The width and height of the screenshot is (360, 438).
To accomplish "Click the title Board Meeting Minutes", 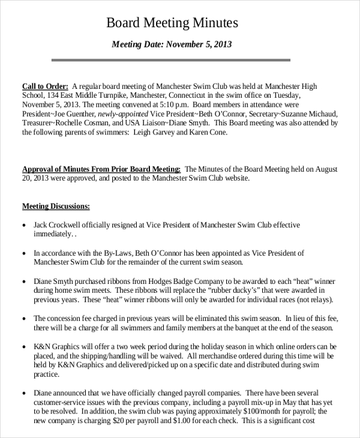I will [172, 23].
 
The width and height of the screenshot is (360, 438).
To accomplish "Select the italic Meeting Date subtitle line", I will [172, 44].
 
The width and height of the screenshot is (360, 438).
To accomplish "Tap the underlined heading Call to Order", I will [45, 86].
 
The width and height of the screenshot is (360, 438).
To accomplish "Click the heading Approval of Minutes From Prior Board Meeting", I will [101, 169].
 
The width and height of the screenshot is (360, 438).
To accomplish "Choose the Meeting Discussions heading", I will [56, 206].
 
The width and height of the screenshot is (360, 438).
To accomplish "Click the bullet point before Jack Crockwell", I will [24, 226].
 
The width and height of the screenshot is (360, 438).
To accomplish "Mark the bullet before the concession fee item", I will [24, 319].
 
